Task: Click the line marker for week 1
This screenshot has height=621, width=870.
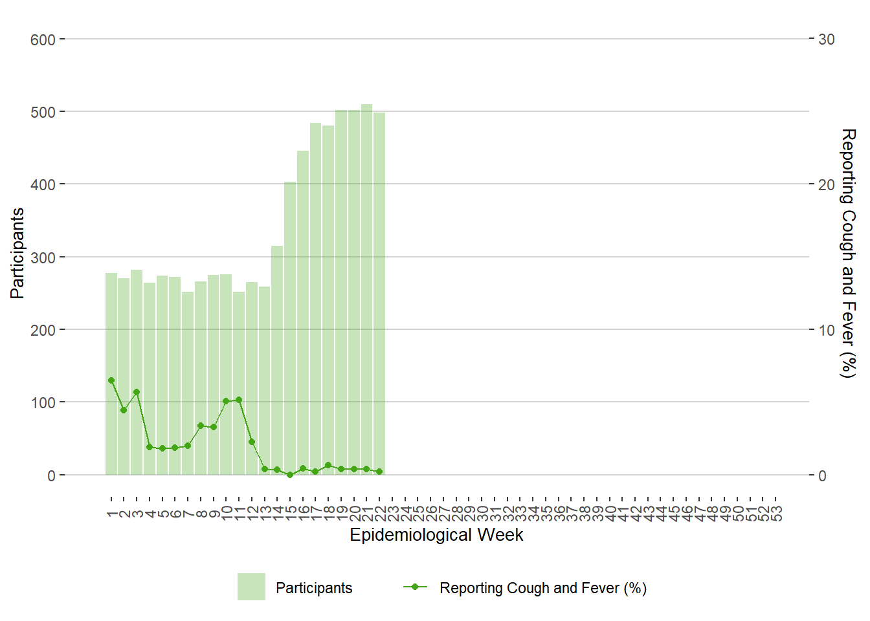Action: click(111, 380)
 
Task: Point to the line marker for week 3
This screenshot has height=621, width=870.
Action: click(137, 392)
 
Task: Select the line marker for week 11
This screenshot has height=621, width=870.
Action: click(239, 400)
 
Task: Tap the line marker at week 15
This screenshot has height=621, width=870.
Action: click(290, 475)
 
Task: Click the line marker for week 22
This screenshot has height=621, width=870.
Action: click(379, 472)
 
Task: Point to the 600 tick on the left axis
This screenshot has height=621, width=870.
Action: click(43, 39)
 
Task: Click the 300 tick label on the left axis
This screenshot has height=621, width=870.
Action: click(43, 257)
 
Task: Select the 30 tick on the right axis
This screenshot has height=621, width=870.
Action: click(827, 39)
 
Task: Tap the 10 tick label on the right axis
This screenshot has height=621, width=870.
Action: click(827, 330)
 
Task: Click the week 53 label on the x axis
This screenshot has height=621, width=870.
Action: click(776, 514)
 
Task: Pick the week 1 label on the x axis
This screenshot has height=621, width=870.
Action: click(111, 514)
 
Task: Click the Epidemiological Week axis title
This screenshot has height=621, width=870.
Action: click(436, 535)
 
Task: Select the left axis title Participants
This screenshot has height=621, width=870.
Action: click(17, 253)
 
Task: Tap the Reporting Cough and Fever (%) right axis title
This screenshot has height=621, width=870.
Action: click(847, 253)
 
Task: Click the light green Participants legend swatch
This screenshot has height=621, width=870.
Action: click(251, 587)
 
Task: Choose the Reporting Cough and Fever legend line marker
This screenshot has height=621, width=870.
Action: click(415, 587)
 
